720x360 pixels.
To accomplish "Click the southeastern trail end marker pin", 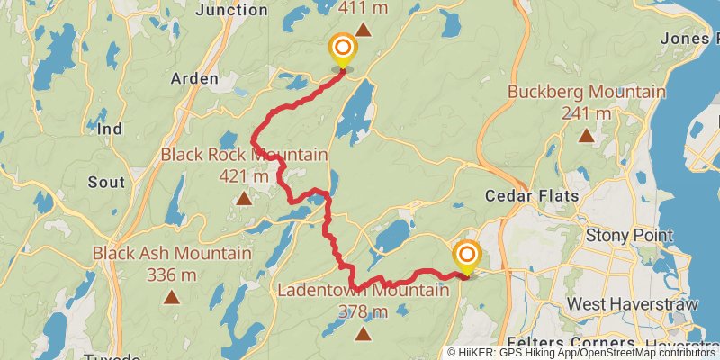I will [466, 256].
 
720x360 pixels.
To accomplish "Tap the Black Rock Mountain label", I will [244, 156].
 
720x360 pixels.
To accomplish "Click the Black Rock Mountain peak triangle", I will [244, 198].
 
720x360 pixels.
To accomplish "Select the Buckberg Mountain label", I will [586, 92].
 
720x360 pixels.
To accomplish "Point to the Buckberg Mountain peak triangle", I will [586, 136].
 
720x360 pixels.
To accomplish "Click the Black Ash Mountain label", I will [171, 253].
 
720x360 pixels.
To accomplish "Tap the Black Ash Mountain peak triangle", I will [171, 296].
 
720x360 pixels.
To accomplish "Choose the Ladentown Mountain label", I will [363, 291].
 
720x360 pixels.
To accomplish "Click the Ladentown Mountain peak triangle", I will [363, 334].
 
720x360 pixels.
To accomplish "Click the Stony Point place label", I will [628, 236].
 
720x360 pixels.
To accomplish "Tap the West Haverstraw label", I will [633, 305].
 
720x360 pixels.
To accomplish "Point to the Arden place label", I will [194, 79].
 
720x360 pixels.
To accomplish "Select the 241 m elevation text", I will [586, 113].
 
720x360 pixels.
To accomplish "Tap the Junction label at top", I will [231, 10].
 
